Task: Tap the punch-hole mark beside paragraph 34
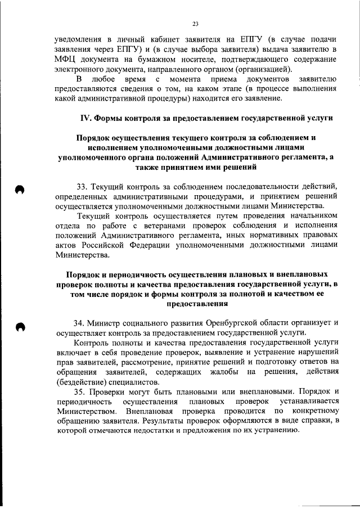(x=20, y=327)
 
